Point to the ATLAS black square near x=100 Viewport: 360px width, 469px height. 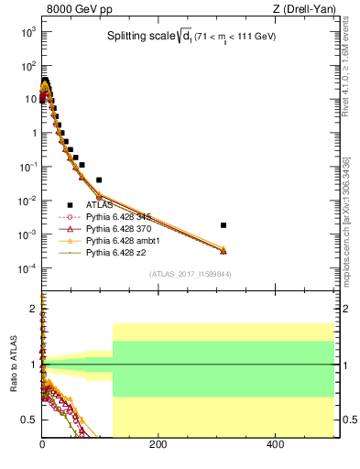click(99, 180)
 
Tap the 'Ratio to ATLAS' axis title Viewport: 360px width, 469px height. click(14, 365)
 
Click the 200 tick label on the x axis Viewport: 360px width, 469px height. click(158, 445)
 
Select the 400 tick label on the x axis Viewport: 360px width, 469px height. click(275, 445)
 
